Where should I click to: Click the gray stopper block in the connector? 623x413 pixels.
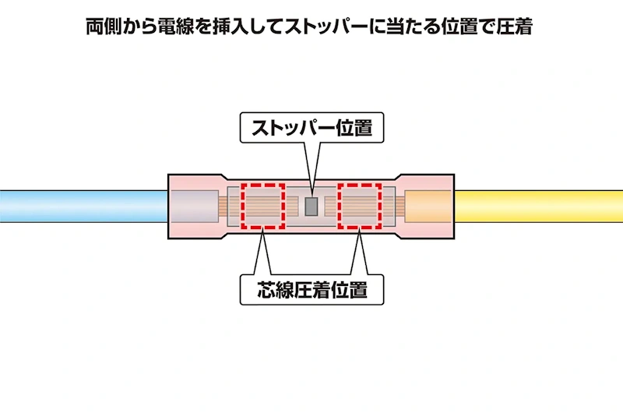pos(311,206)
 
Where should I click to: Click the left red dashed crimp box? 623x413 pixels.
pos(263,185)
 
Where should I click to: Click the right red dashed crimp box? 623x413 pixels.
pos(360,185)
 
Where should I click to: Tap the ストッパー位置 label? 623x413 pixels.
pos(312,128)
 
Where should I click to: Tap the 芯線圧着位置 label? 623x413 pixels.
pos(312,290)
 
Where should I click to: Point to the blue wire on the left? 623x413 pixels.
pos(84,206)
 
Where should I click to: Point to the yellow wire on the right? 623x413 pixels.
pos(538,206)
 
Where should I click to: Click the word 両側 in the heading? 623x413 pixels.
pos(104,27)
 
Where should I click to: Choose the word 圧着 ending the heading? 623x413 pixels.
pos(515,27)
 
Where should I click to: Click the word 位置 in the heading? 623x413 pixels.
pos(459,27)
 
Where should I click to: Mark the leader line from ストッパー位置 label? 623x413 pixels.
pos(312,169)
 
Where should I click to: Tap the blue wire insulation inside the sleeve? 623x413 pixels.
pos(194,206)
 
